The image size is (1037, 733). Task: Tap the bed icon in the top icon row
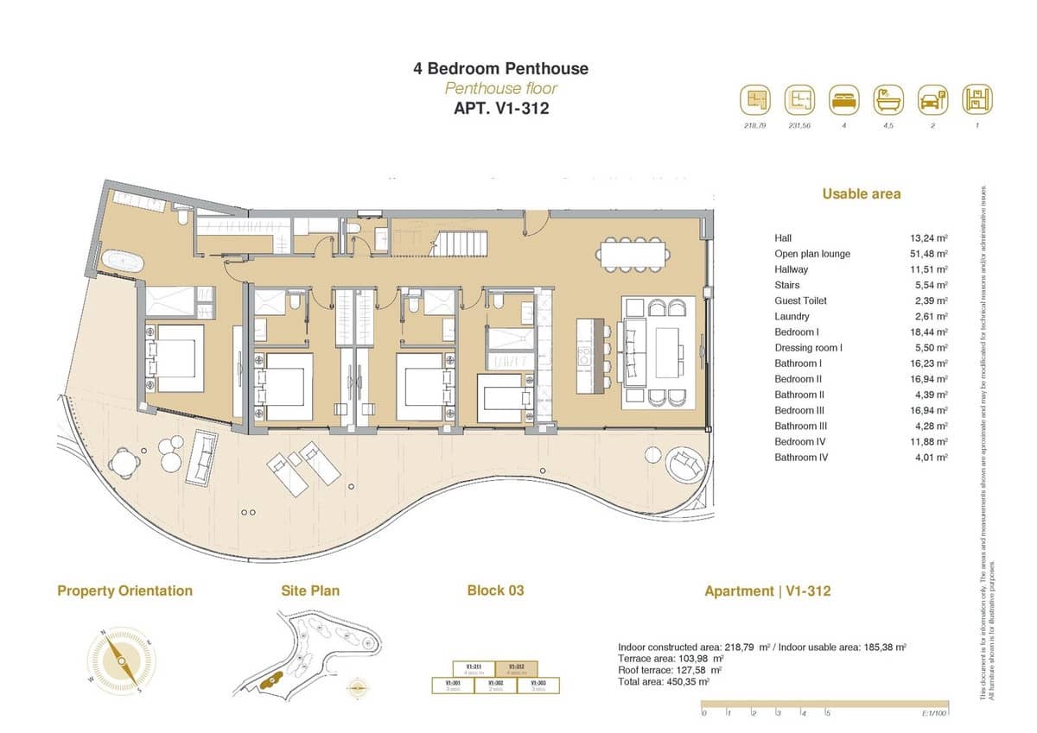843,99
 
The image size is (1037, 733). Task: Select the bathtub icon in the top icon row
887,99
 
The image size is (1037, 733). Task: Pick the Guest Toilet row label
800,300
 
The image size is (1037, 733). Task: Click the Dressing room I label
808,348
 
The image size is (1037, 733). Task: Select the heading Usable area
861,194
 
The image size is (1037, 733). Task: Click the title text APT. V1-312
501,108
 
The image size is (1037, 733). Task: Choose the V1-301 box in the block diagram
452,685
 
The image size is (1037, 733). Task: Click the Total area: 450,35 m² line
664,681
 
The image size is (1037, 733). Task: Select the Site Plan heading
310,591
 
